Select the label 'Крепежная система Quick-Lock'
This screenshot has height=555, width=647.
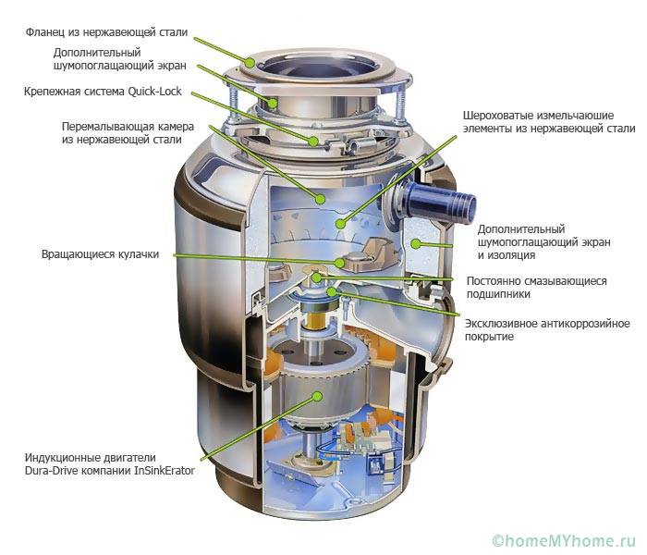[x=103, y=92]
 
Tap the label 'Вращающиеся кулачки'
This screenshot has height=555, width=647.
[x=101, y=253]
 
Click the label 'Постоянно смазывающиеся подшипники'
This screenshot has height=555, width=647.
[x=541, y=287]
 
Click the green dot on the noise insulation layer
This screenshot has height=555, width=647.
[x=416, y=243]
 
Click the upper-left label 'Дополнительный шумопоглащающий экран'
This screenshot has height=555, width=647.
[x=106, y=59]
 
